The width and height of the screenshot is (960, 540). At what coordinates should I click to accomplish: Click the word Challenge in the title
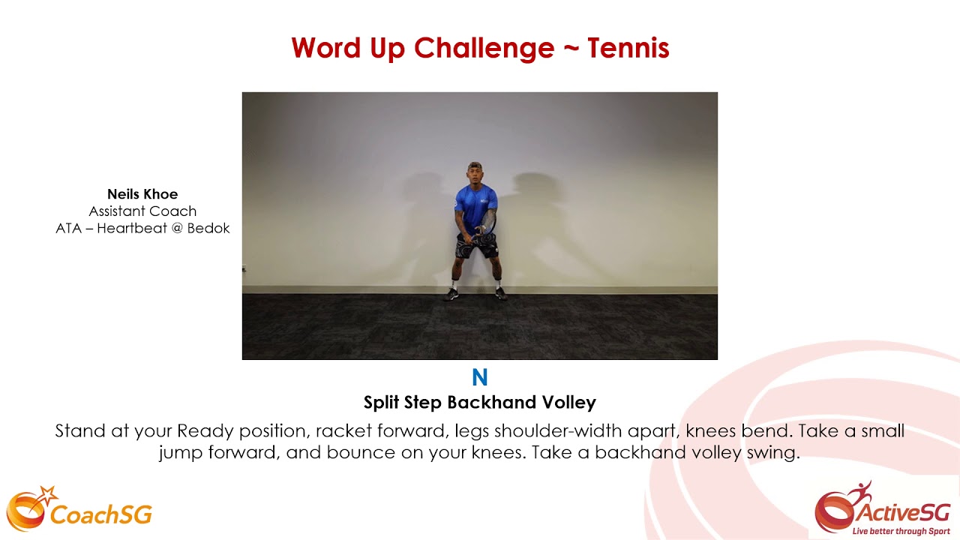point(484,49)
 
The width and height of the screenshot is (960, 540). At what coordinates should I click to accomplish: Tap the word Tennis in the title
point(628,49)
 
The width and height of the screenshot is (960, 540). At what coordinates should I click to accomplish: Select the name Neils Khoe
point(142,194)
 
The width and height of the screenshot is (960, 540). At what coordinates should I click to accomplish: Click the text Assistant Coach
point(142,211)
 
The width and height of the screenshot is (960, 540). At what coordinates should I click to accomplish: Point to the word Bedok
point(208,229)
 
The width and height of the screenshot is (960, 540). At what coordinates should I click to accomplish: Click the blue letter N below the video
point(480,377)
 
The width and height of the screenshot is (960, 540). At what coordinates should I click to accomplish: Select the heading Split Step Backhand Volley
point(480,403)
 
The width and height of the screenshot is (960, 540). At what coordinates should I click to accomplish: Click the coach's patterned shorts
point(477,244)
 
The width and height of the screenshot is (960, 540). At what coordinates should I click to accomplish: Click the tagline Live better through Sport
point(901,531)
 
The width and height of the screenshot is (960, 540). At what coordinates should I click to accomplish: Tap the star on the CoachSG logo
point(49,495)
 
